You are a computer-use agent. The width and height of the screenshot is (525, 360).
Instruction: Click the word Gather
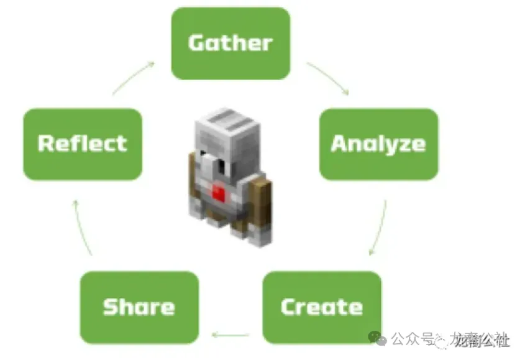(x=230, y=43)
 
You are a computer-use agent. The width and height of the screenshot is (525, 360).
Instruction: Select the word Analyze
(x=378, y=144)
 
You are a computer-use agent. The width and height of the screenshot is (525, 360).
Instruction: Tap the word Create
(x=321, y=307)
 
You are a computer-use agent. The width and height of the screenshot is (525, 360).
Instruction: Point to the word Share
(x=139, y=307)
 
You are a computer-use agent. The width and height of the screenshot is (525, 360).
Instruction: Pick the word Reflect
(x=82, y=144)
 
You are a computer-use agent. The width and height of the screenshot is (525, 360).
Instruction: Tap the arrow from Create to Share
(x=231, y=335)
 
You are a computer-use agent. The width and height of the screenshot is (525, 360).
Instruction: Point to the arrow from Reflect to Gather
(x=133, y=77)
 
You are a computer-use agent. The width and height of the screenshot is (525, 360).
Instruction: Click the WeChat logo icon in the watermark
(x=377, y=338)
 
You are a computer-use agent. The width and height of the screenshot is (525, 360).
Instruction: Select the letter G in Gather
(x=197, y=43)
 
